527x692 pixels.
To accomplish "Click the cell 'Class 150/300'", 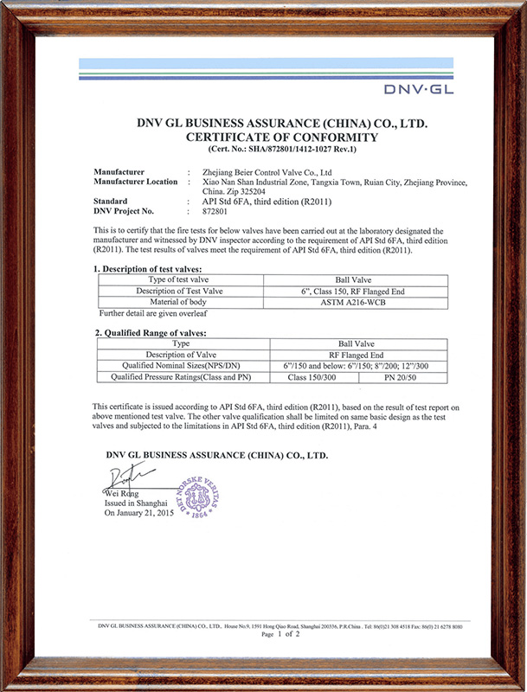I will pos(310,376).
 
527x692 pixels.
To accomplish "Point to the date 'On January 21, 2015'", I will pos(139,513).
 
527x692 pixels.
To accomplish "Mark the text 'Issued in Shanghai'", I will pos(136,503).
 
